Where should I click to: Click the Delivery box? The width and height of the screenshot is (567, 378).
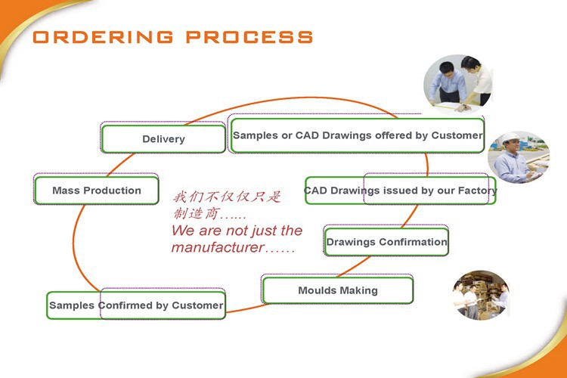point(163,139)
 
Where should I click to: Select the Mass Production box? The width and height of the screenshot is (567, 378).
point(97,191)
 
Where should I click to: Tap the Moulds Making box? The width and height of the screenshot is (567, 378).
point(338,290)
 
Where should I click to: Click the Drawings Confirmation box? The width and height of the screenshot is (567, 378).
point(386,242)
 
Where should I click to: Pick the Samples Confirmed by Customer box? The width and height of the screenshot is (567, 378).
point(136,305)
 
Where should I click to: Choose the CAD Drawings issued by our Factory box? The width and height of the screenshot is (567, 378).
point(400,191)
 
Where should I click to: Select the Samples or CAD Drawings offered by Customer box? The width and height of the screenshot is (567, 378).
point(357,135)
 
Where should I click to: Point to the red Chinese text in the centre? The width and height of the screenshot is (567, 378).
point(225,205)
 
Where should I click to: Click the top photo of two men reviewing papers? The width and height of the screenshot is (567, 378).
point(458,82)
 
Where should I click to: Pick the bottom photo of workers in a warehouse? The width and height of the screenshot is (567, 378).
point(481,295)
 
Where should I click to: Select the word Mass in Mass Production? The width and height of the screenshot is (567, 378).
point(66,191)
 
